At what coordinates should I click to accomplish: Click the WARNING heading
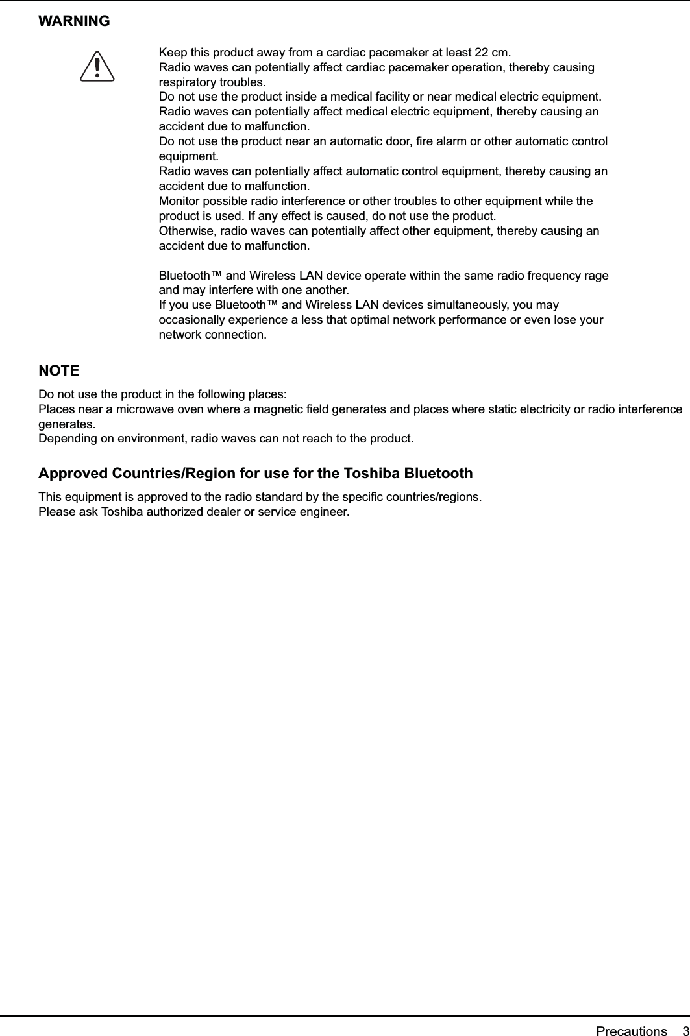pos(74,21)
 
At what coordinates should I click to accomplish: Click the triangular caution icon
pos(97,67)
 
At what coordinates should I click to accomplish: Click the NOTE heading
pos(59,371)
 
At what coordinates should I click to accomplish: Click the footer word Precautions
pos(631,1013)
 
